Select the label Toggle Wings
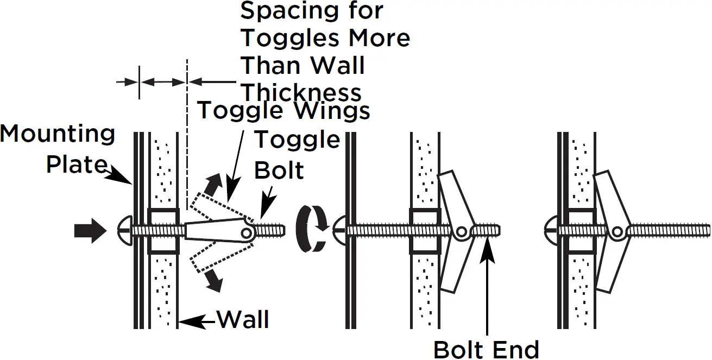tap(283, 111)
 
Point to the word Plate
tap(76, 163)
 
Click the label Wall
tap(243, 320)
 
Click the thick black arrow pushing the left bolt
tap(90, 231)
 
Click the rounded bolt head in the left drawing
tap(124, 231)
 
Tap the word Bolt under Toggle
tap(279, 170)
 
